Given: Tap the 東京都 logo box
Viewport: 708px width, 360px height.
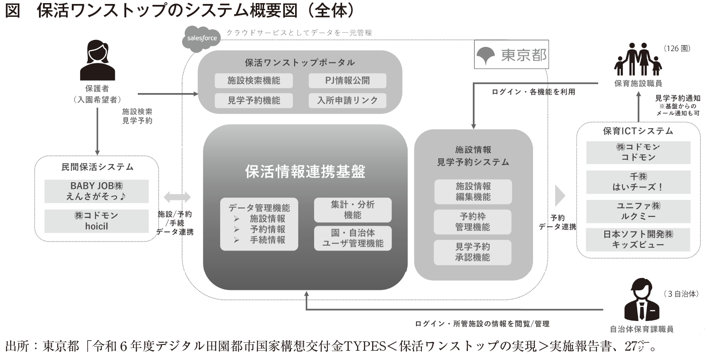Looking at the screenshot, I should click(511, 54).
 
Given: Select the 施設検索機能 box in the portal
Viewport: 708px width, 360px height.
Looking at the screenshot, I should click(254, 81).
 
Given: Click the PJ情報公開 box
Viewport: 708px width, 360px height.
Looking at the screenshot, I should click(347, 81).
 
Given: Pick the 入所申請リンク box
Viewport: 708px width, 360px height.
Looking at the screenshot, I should click(347, 101).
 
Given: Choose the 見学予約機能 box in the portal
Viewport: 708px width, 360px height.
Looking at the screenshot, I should click(254, 101).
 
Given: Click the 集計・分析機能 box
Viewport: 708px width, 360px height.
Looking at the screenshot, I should click(353, 210).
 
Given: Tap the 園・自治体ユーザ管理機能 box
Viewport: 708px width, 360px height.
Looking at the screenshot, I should click(353, 238).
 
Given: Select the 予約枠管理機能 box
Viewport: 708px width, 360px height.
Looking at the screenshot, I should click(472, 222).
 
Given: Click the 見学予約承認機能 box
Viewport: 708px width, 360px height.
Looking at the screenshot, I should click(472, 252).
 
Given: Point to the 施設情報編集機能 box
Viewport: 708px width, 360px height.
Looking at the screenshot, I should click(473, 192).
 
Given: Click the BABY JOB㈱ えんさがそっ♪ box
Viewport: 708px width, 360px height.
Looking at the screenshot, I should click(97, 191).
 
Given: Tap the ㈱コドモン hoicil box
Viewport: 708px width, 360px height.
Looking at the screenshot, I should click(97, 221).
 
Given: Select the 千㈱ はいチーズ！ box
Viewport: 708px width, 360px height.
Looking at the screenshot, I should click(638, 182).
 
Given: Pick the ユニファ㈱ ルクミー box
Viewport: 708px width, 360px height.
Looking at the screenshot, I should click(638, 211).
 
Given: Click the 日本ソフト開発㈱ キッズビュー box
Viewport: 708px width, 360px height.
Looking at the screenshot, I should click(638, 239).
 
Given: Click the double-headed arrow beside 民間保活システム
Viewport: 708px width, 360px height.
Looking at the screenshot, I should click(177, 197).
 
